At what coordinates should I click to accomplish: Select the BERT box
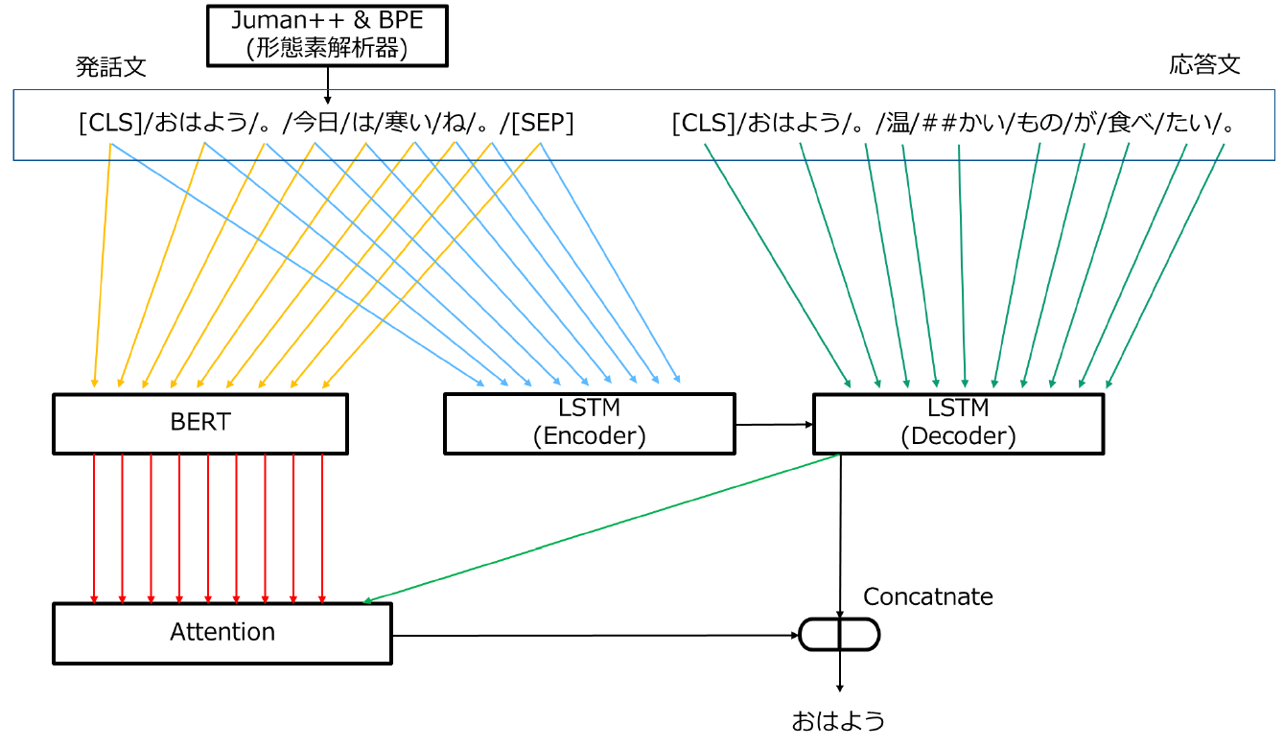click(199, 423)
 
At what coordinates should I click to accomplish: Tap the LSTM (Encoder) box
click(589, 422)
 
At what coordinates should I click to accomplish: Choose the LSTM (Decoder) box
click(958, 422)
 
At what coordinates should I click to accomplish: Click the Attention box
click(222, 633)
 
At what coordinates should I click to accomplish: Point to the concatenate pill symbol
click(839, 634)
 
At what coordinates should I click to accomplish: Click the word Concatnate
click(927, 596)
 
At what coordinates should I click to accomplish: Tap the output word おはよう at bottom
click(837, 721)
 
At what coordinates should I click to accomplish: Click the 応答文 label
click(1204, 64)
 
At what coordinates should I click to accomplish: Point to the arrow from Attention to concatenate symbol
click(595, 635)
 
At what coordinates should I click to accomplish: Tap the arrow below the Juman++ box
click(327, 85)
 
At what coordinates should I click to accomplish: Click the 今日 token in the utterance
click(315, 124)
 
